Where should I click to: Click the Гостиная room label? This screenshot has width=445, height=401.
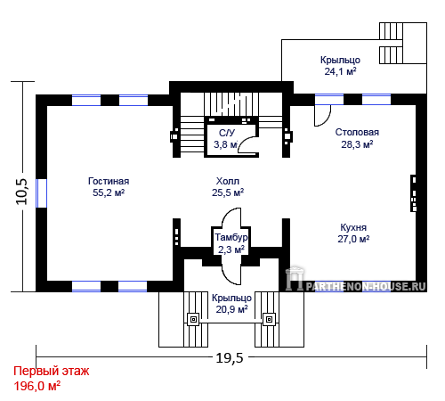tap(109, 181)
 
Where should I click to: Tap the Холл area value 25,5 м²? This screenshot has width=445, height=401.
tap(228, 192)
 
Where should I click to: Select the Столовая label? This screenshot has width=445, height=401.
tap(357, 132)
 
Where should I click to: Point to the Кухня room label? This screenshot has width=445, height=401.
tap(353, 227)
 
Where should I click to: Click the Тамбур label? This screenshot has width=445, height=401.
tap(231, 237)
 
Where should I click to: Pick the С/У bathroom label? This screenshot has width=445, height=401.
tap(227, 133)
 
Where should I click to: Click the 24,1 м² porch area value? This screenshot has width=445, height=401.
tap(340, 71)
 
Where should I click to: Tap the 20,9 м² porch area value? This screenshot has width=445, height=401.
tap(231, 309)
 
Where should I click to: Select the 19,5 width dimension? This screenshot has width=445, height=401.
tap(230, 358)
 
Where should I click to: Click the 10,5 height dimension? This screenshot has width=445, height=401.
tap(21, 192)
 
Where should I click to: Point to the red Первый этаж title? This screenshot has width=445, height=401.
tap(52, 371)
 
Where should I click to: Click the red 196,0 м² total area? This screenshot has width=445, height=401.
tap(37, 386)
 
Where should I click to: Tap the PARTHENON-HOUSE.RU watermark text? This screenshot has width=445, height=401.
tap(366, 287)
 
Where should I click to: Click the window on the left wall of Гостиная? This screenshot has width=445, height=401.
tap(41, 193)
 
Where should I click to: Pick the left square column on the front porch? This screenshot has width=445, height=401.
tap(193, 320)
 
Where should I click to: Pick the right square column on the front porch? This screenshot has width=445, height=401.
tap(269, 320)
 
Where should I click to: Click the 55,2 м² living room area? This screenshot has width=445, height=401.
tap(109, 192)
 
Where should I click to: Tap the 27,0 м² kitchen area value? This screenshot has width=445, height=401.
tap(353, 239)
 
